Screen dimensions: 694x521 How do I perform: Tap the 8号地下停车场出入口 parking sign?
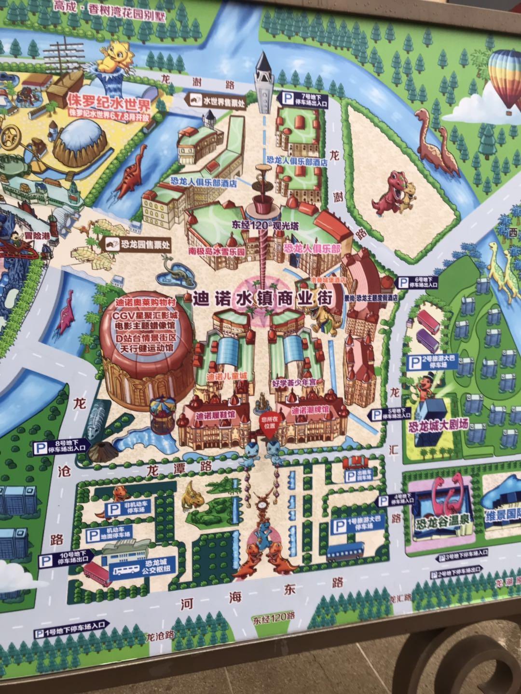pyautogui.click(x=60, y=447)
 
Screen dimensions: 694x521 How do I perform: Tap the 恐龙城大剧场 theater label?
pyautogui.click(x=438, y=426)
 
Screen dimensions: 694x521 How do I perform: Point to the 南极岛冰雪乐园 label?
pyautogui.click(x=218, y=252)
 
